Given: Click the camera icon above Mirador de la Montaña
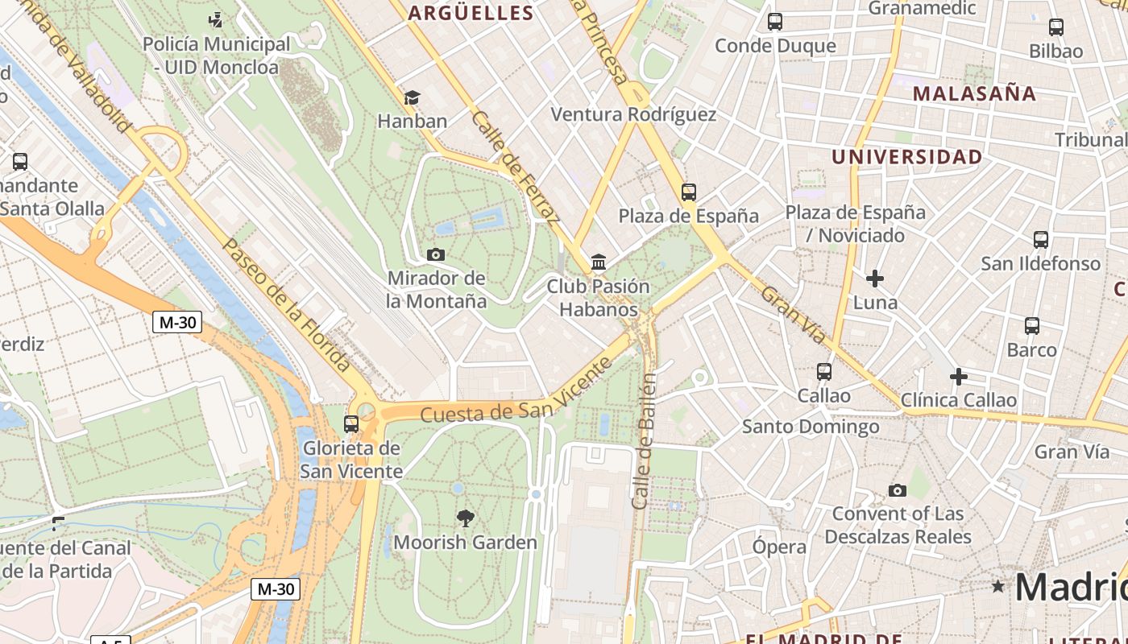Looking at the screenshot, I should click(x=436, y=255).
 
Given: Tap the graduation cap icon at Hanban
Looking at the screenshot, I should click(x=412, y=98).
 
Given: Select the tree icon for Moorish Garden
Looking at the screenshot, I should click(x=465, y=518).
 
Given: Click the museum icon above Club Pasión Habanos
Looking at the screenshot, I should click(x=599, y=262).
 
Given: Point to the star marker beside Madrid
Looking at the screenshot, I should click(x=998, y=586).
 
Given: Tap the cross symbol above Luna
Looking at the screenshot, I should click(x=875, y=279).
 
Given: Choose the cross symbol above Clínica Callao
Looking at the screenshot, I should click(x=959, y=377).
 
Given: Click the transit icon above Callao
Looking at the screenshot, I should click(x=823, y=372).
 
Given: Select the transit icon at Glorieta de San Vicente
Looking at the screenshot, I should click(x=351, y=423).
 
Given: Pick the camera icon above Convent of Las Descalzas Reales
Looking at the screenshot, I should click(x=897, y=490).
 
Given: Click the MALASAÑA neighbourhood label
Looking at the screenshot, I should click(x=974, y=93).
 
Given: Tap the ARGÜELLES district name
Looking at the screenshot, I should click(x=471, y=13).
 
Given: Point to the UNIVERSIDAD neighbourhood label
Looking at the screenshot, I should click(x=906, y=156).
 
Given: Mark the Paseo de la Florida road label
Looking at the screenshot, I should click(x=286, y=304).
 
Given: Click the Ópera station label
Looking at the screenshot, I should click(x=779, y=547).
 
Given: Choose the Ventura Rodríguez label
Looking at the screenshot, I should click(x=633, y=114).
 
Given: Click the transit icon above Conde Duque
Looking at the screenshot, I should click(x=775, y=22).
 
